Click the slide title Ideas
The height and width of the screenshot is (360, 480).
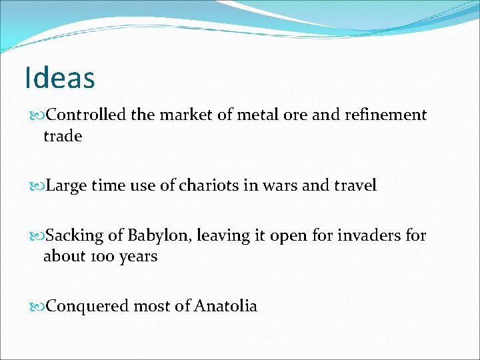[x=59, y=77]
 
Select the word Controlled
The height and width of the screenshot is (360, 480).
[x=87, y=115]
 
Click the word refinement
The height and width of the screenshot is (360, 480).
[x=385, y=115]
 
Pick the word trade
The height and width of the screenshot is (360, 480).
[x=63, y=136]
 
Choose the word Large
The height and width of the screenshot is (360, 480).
[x=67, y=186]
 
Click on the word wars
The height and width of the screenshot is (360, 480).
[x=277, y=186]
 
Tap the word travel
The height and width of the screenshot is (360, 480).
[x=354, y=186]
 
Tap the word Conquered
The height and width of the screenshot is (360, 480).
[x=88, y=306]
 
